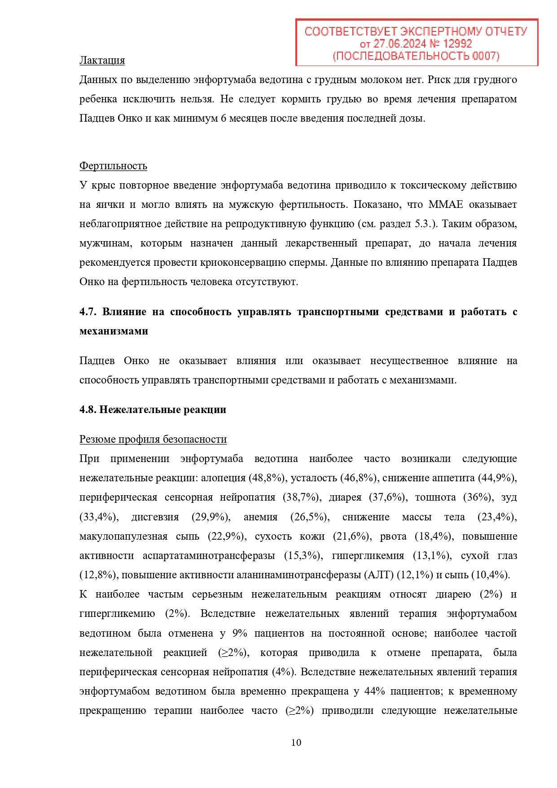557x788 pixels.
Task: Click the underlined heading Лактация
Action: [x=102, y=60]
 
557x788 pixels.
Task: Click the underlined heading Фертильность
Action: [x=113, y=166]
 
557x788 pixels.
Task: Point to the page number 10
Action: [x=296, y=742]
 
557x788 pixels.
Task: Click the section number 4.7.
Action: [x=88, y=312]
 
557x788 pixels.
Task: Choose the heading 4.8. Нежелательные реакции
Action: [x=153, y=409]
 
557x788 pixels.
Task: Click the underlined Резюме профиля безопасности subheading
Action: [x=153, y=439]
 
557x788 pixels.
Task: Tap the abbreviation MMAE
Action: [x=445, y=204]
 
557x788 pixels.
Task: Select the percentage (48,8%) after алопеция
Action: [x=268, y=478]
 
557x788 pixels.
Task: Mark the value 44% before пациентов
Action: [x=375, y=691]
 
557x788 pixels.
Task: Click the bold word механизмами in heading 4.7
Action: [x=114, y=331]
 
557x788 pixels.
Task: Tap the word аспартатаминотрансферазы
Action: [x=209, y=555]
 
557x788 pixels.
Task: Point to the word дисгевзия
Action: [x=155, y=517]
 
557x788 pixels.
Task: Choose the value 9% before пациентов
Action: [x=240, y=633]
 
